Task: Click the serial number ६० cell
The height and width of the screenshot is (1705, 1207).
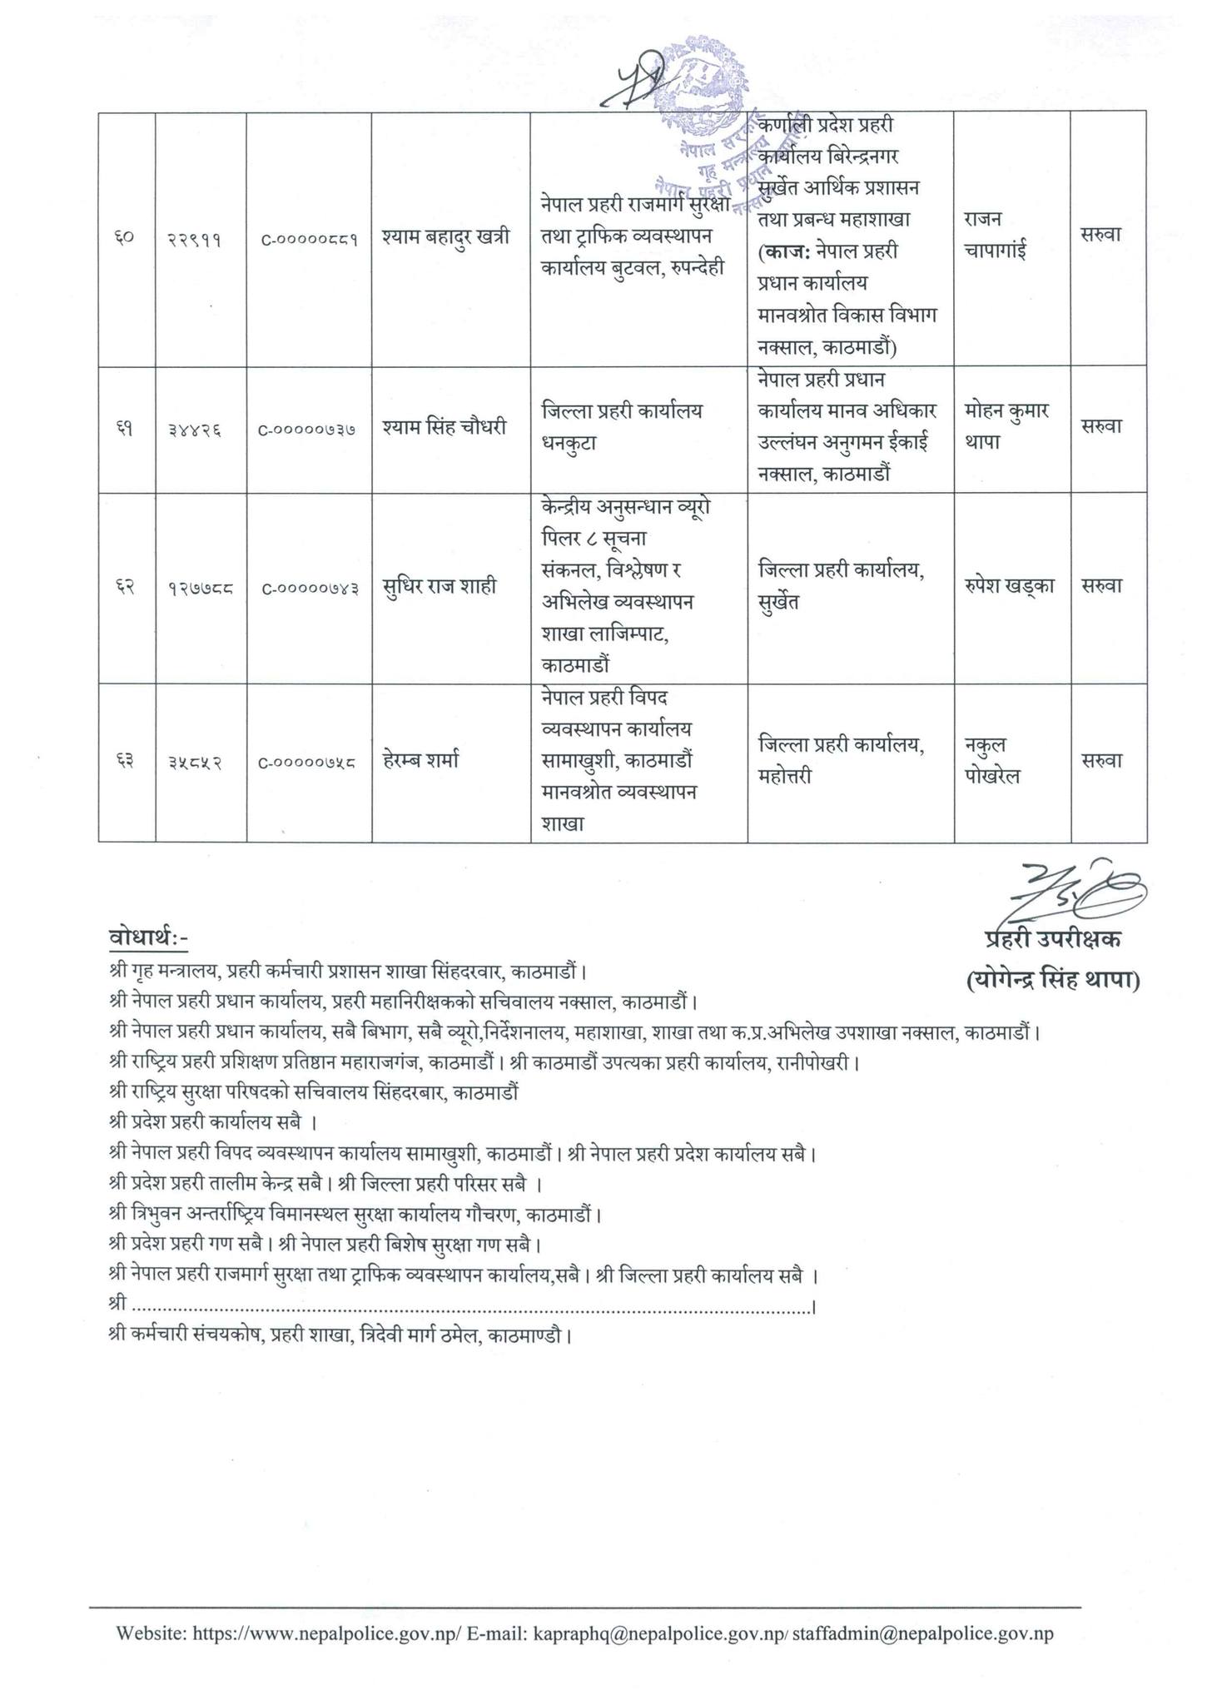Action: [126, 240]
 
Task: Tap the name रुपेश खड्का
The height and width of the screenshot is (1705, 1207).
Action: [1011, 585]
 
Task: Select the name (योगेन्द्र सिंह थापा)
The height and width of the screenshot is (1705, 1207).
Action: [1053, 980]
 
